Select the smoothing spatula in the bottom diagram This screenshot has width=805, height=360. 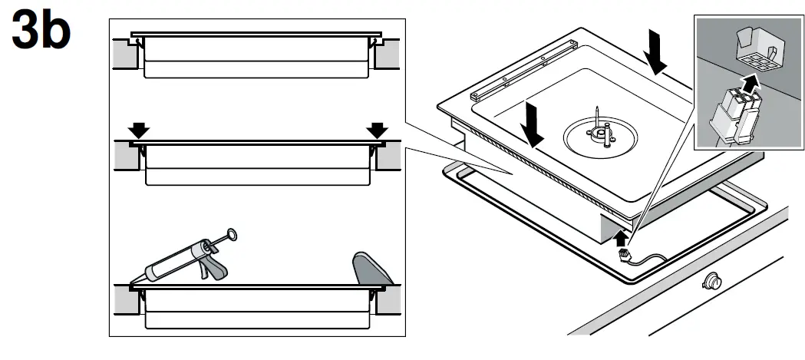point(369,270)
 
